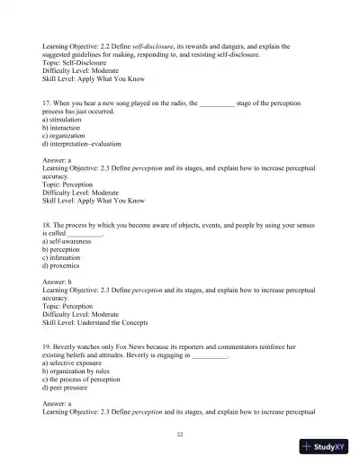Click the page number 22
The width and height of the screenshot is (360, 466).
coord(180,434)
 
